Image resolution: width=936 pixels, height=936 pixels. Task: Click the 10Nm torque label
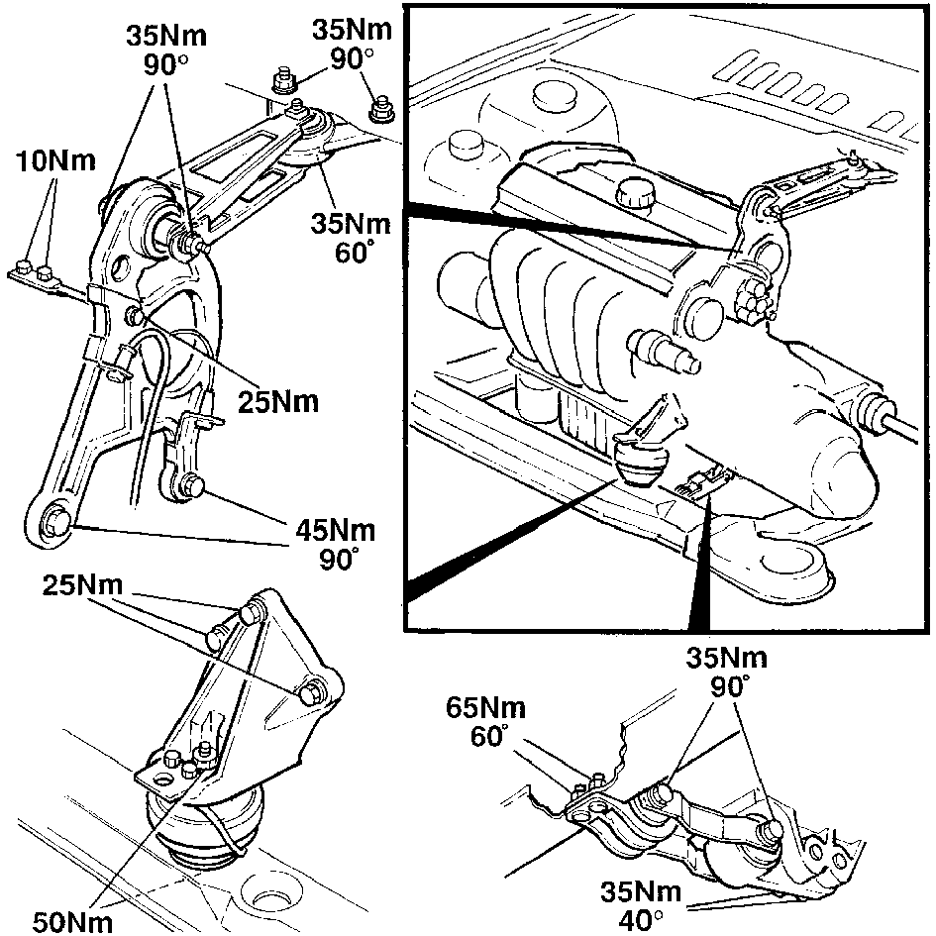[55, 161]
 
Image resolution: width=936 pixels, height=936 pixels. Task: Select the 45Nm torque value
[336, 531]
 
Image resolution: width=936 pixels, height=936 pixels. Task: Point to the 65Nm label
[486, 708]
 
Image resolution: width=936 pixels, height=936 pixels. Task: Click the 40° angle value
[641, 920]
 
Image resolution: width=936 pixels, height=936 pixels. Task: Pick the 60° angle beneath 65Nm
[489, 737]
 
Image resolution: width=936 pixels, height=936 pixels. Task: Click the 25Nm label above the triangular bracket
[82, 585]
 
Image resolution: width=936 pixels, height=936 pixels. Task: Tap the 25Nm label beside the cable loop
[278, 402]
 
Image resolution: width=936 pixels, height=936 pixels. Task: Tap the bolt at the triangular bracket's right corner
[311, 692]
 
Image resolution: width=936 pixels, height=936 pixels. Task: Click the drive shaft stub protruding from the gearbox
[663, 353]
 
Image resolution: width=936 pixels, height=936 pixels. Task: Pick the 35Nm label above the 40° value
[641, 891]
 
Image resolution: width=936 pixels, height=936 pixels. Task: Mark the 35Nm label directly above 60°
[351, 224]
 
